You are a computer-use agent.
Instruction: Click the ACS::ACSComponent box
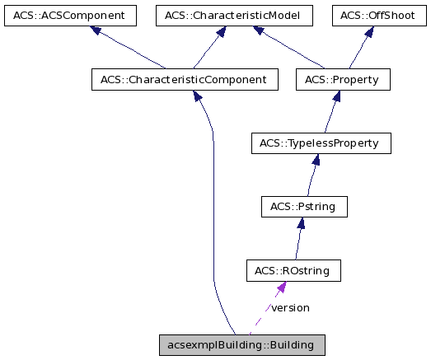coord(69,15)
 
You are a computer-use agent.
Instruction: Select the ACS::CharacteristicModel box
coord(228,15)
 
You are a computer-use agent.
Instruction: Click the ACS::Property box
coord(342,80)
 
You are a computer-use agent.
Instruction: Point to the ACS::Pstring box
coord(302,206)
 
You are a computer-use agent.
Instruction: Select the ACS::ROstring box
coord(293,269)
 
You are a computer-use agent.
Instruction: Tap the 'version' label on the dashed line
coord(290,307)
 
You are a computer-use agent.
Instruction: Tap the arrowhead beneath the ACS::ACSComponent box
coord(96,30)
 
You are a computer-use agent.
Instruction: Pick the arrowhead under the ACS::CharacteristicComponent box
coord(198,97)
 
